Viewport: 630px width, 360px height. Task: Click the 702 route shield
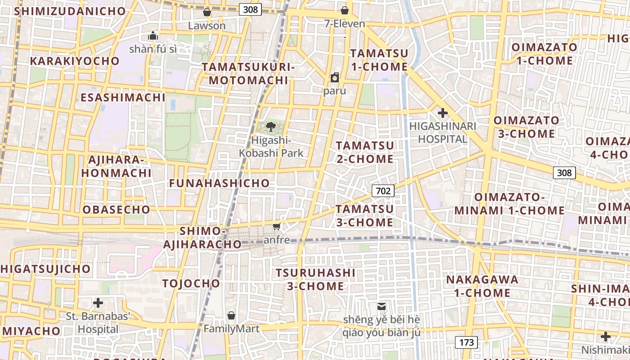coord(383,191)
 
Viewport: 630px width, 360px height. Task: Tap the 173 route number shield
coord(466,342)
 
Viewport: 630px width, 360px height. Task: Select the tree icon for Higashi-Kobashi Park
coord(271,127)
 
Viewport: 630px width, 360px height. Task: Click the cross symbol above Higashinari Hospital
coord(443,113)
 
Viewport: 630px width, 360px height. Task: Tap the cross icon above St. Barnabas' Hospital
coord(98,303)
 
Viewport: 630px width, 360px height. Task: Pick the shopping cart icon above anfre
coord(276,226)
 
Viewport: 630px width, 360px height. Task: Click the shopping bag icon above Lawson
coord(207,12)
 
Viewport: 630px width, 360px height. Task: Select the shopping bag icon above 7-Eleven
coord(345,10)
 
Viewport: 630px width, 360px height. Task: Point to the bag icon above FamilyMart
coord(231,315)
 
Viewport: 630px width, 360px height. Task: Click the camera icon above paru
coord(335,78)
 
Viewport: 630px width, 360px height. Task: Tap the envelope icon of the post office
coord(382,306)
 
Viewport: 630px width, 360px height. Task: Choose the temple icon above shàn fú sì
coord(153,36)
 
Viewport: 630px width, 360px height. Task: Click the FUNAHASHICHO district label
coord(219,183)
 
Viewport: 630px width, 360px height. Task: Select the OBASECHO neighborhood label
coord(116,209)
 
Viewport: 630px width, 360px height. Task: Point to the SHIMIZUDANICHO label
coord(70,11)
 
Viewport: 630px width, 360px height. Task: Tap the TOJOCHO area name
coord(191,283)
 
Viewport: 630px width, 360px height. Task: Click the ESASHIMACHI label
coord(122,97)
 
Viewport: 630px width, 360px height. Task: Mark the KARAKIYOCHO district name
coord(75,61)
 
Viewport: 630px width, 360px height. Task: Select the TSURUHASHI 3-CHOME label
coord(315,279)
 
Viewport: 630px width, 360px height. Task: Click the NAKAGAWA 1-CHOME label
coord(482,286)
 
